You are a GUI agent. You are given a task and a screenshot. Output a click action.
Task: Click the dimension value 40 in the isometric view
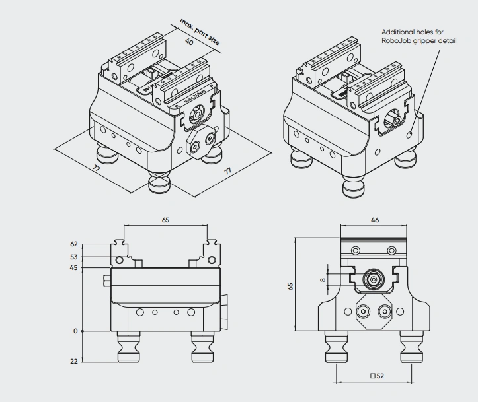[x=190, y=43]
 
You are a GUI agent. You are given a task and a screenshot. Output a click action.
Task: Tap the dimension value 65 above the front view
[x=165, y=220]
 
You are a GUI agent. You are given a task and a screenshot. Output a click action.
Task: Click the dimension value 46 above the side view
[x=374, y=220]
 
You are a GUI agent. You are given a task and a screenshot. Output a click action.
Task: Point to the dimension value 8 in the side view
[x=323, y=280]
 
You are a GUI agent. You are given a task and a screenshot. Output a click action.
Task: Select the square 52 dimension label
[x=378, y=376]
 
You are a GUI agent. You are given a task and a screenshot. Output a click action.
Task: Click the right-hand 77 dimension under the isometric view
[x=227, y=170]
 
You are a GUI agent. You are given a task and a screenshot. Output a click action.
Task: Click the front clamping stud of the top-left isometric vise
[x=160, y=180]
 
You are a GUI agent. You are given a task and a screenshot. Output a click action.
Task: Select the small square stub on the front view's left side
[x=107, y=281]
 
